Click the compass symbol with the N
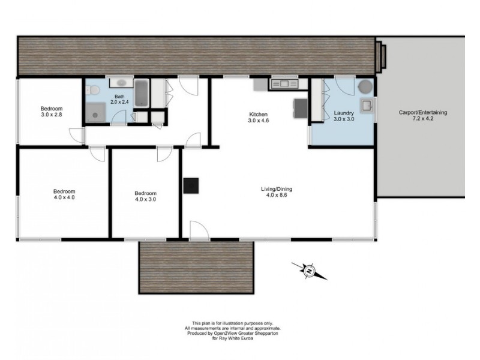[310, 271]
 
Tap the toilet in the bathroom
[92, 90]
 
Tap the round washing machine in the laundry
[365, 86]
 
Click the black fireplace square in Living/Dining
[191, 185]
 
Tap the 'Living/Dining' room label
[276, 190]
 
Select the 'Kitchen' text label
[259, 114]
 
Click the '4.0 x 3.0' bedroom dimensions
[145, 200]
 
